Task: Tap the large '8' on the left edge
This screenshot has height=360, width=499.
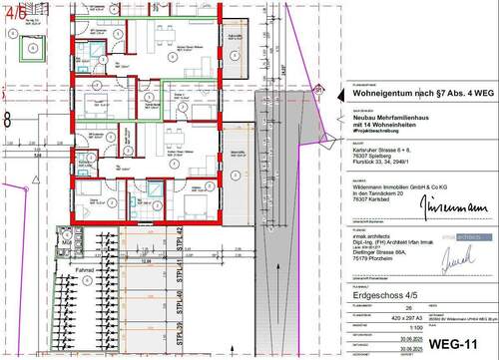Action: [x=7, y=118]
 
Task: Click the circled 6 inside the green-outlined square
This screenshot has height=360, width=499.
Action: [x=36, y=47]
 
